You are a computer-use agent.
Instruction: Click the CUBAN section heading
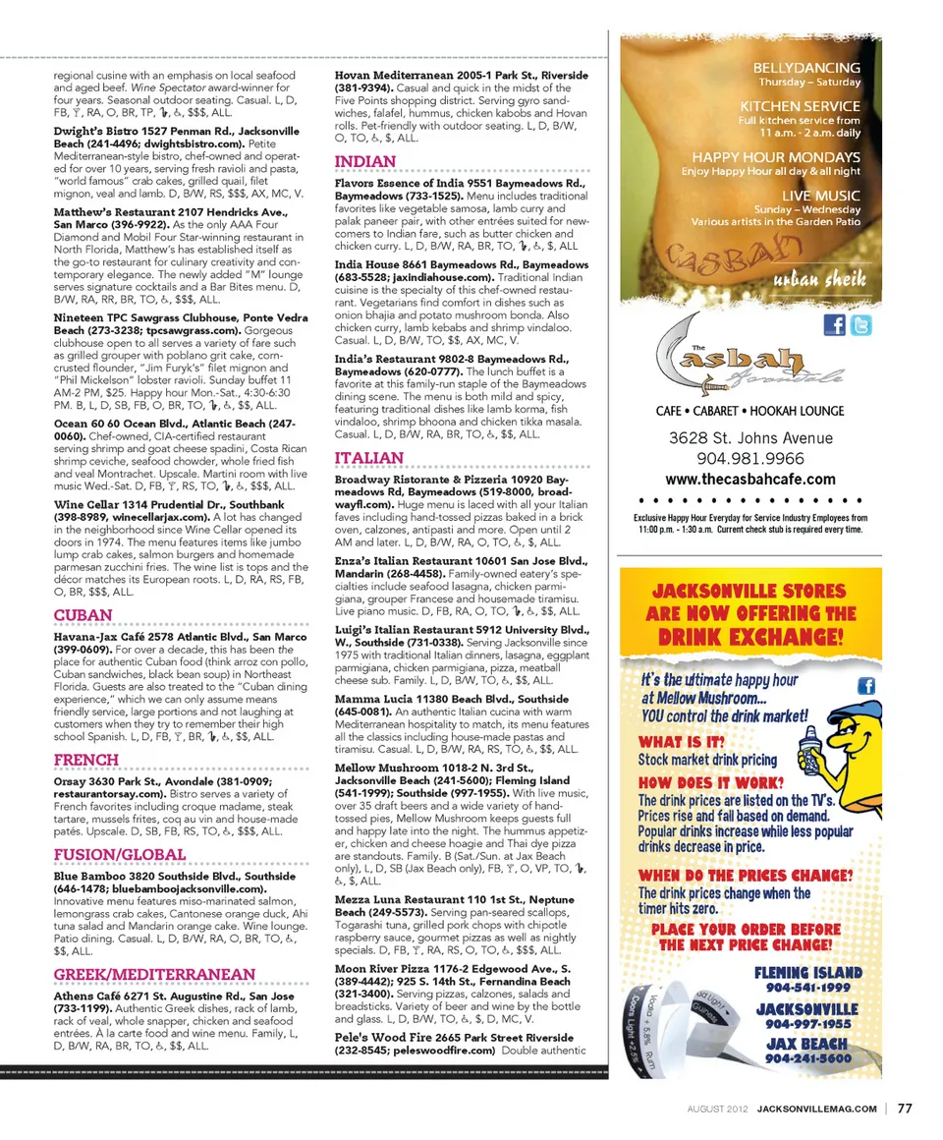[x=83, y=615]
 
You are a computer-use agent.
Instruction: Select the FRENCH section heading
[x=86, y=760]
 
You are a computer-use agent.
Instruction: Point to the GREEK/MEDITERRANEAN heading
[x=154, y=974]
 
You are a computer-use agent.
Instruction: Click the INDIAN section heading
[x=365, y=161]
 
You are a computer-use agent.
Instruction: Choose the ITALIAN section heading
[x=369, y=458]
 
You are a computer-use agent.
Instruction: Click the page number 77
[x=905, y=1109]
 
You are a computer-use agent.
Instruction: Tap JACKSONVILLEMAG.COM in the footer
[x=817, y=1110]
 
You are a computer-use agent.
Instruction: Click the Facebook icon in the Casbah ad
[x=834, y=324]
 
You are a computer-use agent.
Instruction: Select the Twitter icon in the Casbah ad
[x=860, y=324]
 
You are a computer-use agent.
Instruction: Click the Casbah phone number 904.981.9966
[x=750, y=459]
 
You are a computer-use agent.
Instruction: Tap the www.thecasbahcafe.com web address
[x=750, y=480]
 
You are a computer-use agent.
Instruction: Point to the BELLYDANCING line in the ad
[x=805, y=68]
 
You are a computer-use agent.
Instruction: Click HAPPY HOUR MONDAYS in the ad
[x=775, y=157]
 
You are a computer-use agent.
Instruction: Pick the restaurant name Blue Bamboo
[x=92, y=876]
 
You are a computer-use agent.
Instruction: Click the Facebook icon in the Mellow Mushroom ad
[x=867, y=686]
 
